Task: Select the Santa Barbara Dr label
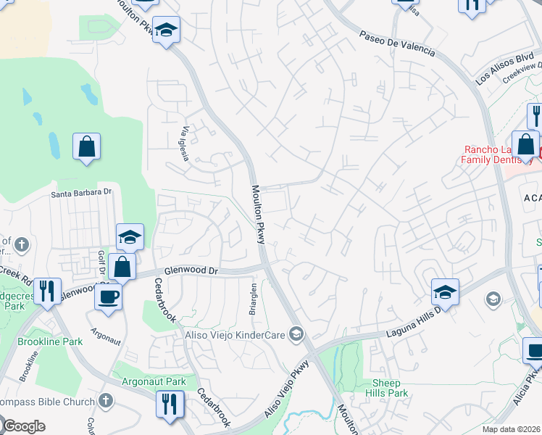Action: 82,193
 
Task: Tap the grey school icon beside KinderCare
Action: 296,333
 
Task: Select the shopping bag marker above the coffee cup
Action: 124,266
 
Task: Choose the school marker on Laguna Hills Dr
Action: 445,291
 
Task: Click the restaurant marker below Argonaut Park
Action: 170,404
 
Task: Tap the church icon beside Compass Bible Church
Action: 106,401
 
